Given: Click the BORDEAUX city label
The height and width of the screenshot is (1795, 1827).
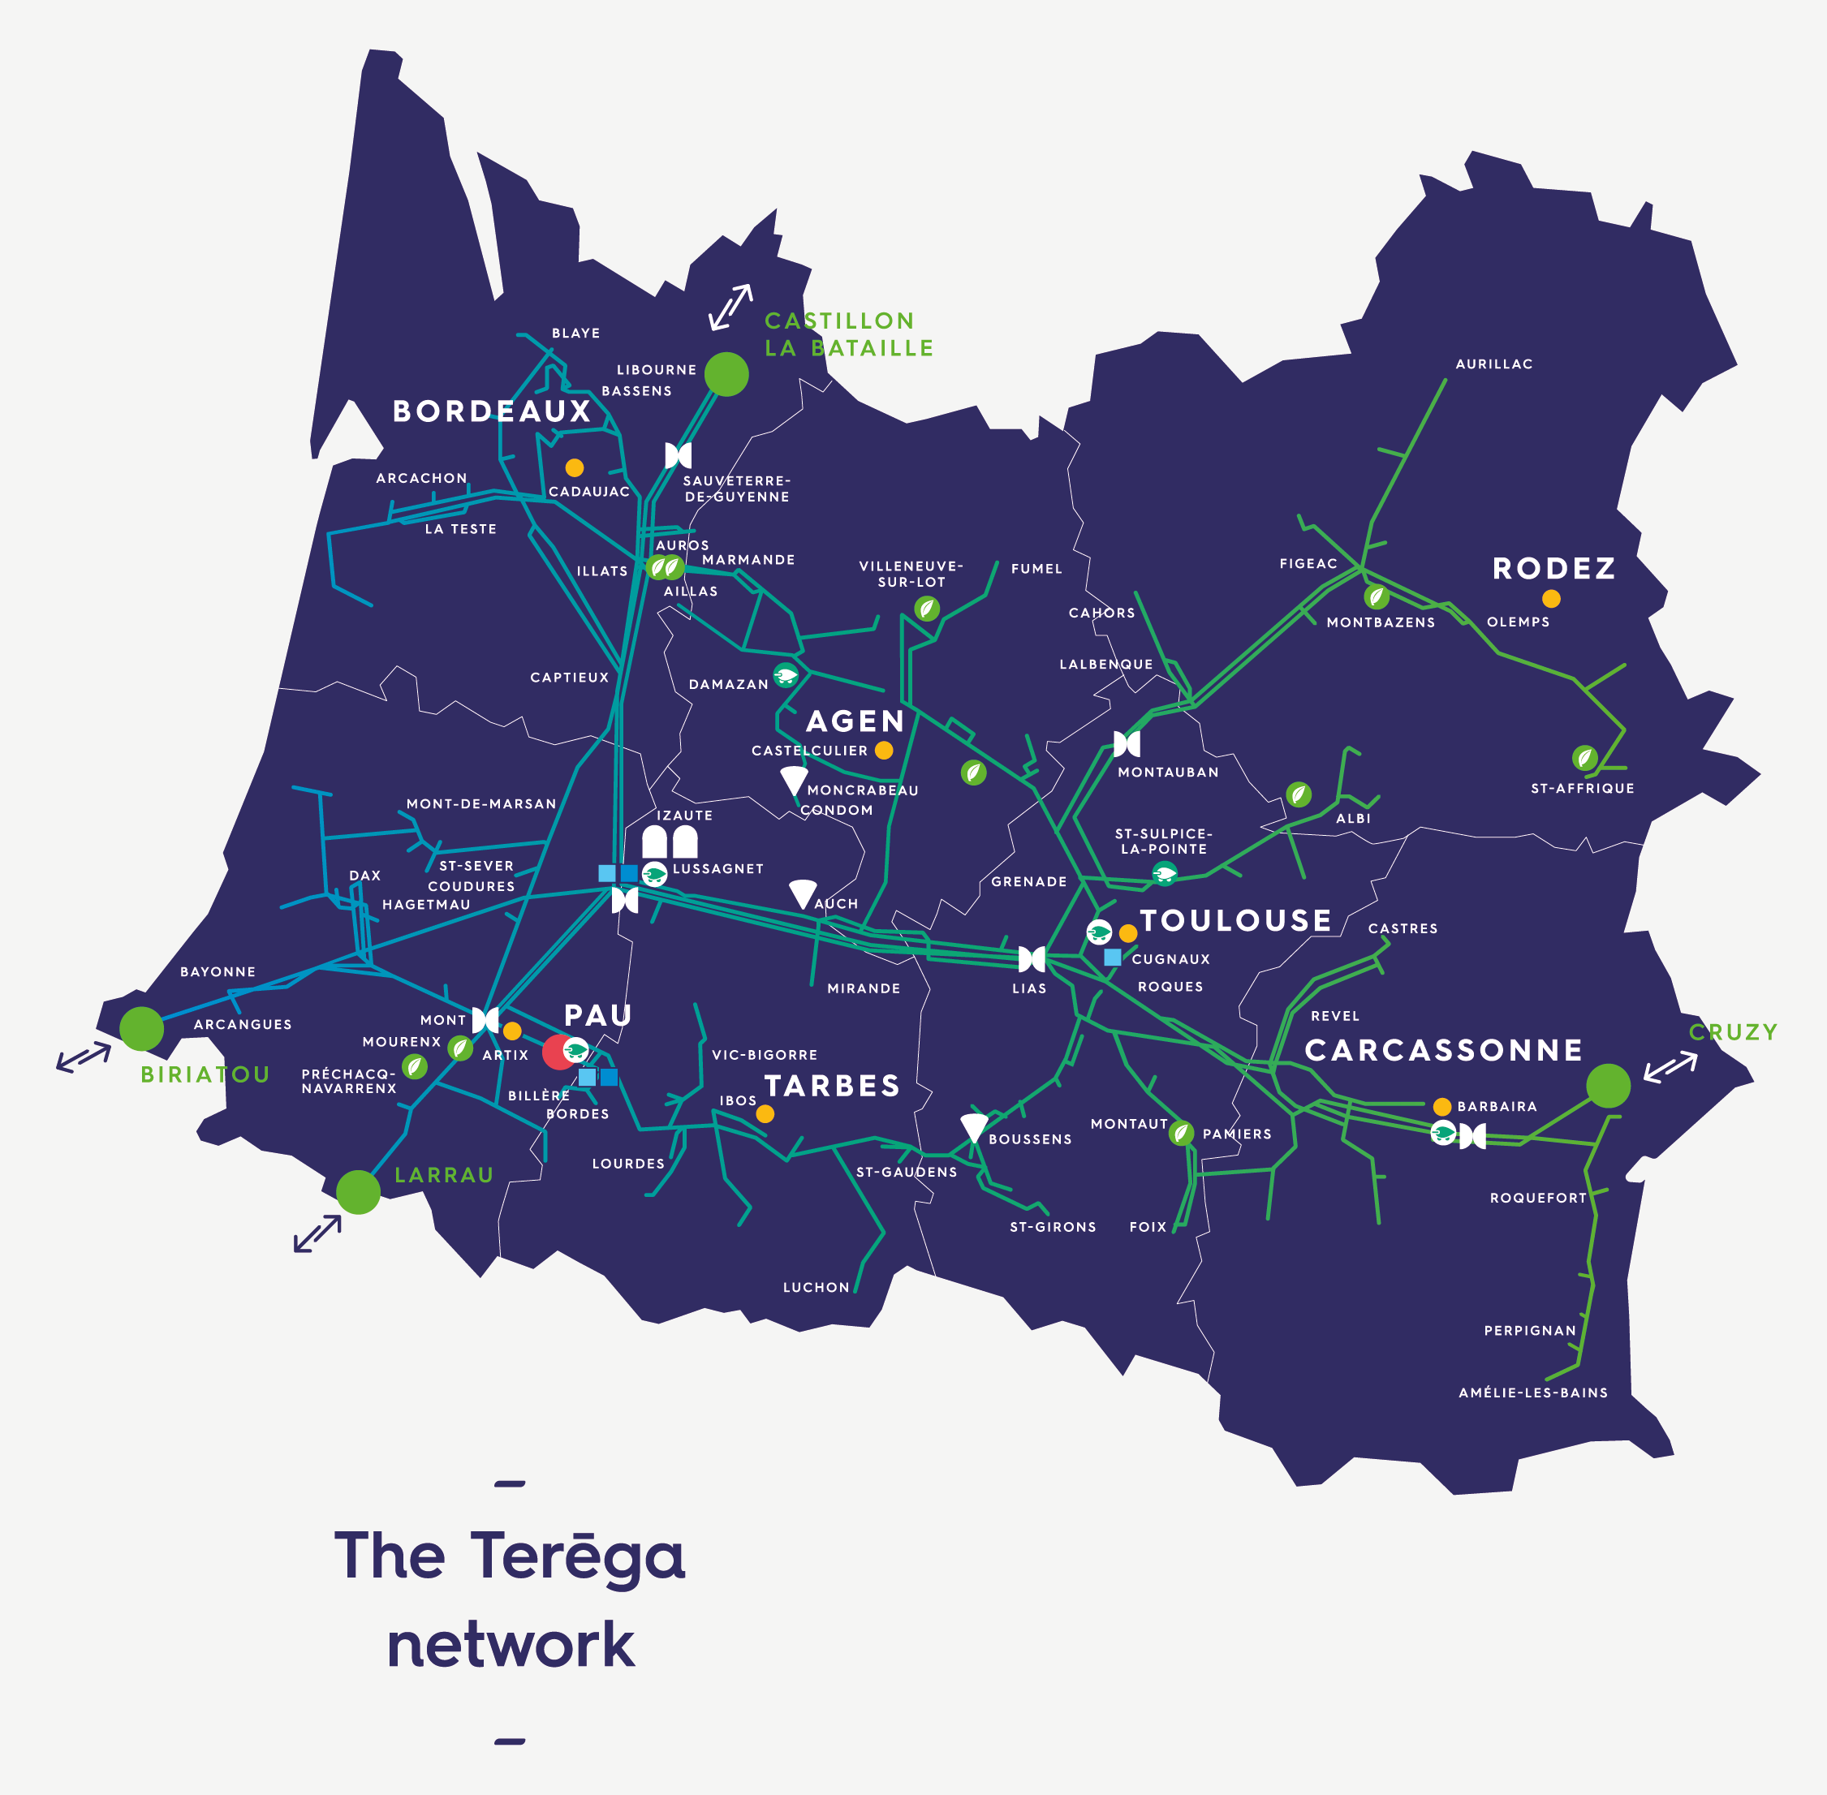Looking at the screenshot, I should [491, 411].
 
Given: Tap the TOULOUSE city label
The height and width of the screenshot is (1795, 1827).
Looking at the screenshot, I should [1235, 920].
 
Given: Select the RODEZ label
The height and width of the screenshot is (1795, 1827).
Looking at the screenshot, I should [1553, 569].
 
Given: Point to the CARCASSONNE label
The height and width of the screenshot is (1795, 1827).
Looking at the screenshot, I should [1443, 1050].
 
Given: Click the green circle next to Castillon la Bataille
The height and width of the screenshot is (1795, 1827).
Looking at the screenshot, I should [726, 374].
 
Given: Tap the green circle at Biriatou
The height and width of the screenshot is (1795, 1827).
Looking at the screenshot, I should [141, 1028].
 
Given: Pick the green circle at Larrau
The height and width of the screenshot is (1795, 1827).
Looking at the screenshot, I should [358, 1193].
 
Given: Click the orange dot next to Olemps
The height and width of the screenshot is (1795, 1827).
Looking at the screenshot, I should [1551, 599].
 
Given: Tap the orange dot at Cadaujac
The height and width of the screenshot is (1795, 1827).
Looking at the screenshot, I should [574, 467].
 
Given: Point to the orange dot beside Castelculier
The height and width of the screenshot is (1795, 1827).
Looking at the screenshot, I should [883, 751].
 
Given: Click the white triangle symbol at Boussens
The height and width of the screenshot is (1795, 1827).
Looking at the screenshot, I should [974, 1127].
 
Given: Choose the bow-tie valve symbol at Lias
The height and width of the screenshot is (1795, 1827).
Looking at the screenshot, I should [1032, 960].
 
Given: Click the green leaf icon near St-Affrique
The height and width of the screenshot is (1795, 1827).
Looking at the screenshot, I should [1584, 757].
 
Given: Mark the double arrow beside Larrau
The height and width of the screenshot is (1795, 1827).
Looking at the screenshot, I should [317, 1234].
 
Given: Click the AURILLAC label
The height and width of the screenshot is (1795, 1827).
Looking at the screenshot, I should [1493, 364].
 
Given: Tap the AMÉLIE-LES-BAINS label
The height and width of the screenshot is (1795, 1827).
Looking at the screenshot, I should [1533, 1393].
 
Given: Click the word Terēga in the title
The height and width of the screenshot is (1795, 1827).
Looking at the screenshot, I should [577, 1556].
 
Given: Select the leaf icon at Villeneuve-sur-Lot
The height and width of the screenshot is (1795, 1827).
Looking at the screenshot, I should [927, 608].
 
